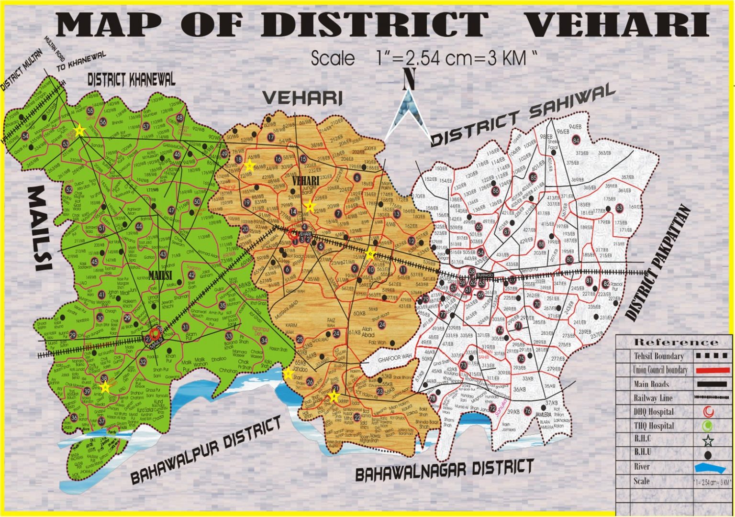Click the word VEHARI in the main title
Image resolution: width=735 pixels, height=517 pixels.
617,25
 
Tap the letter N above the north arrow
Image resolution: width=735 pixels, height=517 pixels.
408,79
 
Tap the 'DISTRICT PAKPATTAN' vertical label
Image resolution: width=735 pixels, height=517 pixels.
658,264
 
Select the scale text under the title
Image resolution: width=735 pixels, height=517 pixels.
423,58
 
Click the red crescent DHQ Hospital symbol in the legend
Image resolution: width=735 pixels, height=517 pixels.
709,411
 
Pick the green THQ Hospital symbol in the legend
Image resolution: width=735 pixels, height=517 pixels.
709,426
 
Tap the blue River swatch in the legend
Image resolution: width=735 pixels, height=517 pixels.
710,468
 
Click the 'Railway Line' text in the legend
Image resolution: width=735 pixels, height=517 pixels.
653,398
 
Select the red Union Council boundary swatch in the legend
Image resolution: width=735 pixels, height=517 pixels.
710,370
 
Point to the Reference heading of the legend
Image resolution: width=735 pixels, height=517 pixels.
676,342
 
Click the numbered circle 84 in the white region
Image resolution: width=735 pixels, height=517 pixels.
576,140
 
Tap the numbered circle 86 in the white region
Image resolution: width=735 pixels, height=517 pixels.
495,190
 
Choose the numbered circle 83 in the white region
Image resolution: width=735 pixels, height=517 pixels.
619,208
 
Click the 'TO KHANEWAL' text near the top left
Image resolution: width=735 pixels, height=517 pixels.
81,62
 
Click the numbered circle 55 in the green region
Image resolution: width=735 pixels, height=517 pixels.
90,111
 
